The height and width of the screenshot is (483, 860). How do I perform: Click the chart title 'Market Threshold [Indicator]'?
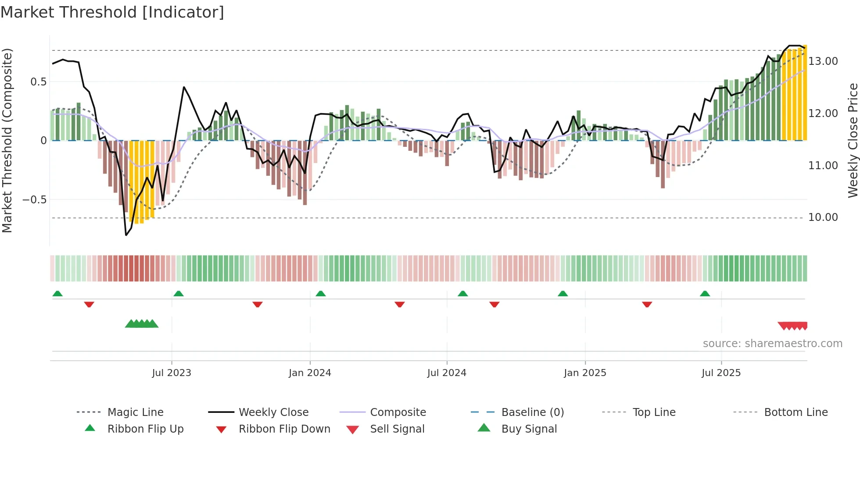pyautogui.click(x=112, y=12)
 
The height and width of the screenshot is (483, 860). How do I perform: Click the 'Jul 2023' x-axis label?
pyautogui.click(x=172, y=373)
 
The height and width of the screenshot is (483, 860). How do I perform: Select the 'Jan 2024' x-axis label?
pyautogui.click(x=310, y=373)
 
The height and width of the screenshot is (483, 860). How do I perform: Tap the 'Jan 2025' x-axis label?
pyautogui.click(x=585, y=373)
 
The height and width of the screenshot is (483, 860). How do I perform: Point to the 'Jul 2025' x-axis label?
pyautogui.click(x=721, y=373)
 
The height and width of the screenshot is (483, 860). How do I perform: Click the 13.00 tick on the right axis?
pyautogui.click(x=823, y=61)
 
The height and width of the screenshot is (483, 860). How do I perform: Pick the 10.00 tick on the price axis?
pyautogui.click(x=823, y=217)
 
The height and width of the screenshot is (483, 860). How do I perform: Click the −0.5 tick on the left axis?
pyautogui.click(x=35, y=200)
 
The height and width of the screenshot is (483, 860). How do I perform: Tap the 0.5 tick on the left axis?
pyautogui.click(x=38, y=82)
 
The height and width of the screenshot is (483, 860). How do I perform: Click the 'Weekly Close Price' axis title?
pyautogui.click(x=853, y=140)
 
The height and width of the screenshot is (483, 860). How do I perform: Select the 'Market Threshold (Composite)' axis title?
pyautogui.click(x=7, y=140)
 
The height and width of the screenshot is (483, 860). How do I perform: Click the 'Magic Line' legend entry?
pyautogui.click(x=135, y=412)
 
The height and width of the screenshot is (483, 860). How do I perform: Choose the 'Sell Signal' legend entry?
pyautogui.click(x=397, y=429)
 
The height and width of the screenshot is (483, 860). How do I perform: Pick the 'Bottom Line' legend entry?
pyautogui.click(x=795, y=412)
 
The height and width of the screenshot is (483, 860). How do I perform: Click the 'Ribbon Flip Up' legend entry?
pyautogui.click(x=145, y=429)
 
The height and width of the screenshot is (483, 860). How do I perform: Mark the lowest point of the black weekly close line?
pyautogui.click(x=126, y=235)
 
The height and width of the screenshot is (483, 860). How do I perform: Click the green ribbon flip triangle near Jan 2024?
pyautogui.click(x=321, y=294)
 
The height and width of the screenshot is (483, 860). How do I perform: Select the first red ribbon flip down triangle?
pyautogui.click(x=89, y=304)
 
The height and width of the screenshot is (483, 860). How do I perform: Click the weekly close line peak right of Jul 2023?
pyautogui.click(x=184, y=87)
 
